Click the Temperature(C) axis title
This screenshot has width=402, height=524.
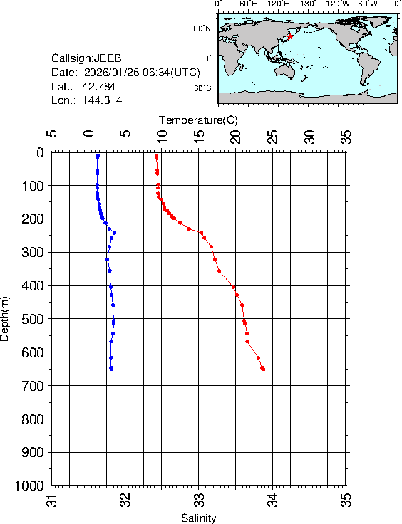(x=199, y=120)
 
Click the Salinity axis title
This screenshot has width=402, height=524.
(x=199, y=518)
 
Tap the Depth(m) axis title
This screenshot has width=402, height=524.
(x=6, y=318)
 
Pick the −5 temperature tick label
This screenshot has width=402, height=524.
(x=51, y=135)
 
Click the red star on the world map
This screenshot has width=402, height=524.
(x=290, y=36)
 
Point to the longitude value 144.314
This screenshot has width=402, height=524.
(x=102, y=101)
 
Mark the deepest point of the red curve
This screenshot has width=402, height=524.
(x=264, y=369)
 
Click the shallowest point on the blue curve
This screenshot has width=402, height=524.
(x=98, y=155)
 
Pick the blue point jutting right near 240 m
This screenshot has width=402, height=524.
(x=114, y=233)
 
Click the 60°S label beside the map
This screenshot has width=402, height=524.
(x=202, y=88)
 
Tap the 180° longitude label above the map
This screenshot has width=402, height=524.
(x=309, y=4)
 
